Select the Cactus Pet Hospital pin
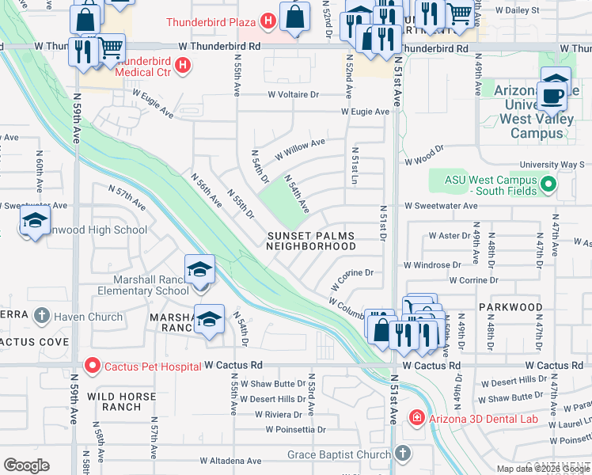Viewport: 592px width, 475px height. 92,366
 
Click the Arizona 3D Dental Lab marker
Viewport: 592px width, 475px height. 416,418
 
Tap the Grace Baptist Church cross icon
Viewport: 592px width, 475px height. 403,454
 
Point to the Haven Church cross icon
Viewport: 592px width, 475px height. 42,317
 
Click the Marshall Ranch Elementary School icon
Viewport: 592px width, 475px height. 200,271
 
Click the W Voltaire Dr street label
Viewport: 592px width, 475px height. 292,94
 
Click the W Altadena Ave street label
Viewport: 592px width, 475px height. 230,460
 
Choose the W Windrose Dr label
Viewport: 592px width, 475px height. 432,265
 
